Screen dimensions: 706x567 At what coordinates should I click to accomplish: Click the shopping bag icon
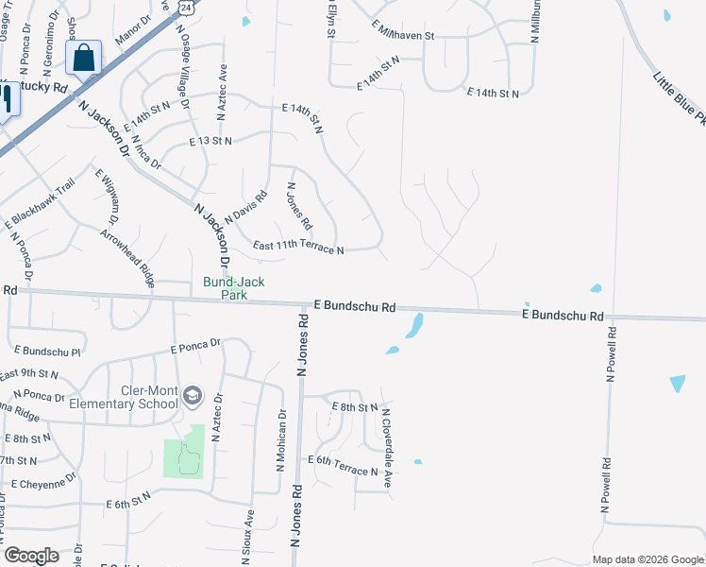coord(84,58)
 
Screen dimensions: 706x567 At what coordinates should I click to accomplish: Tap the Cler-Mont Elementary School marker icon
coord(193,395)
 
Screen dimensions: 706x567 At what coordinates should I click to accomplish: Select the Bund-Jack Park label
coord(235,288)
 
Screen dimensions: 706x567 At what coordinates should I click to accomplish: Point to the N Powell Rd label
coord(610,353)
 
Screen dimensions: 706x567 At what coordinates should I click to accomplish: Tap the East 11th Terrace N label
coord(298,248)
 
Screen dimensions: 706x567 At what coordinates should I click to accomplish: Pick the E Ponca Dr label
coord(195,347)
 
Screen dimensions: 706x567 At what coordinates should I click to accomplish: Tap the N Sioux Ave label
coord(249,538)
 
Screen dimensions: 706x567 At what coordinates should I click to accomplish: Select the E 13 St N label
coord(210,141)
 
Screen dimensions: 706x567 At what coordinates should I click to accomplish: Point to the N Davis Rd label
coord(245,207)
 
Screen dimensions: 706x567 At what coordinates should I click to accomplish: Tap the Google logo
coord(31,555)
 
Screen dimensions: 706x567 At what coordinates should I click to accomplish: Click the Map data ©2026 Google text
coord(647,559)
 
